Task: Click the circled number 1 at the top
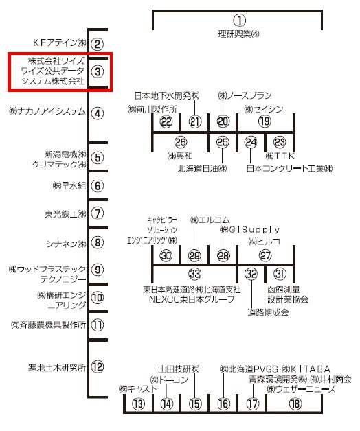[x=240, y=21]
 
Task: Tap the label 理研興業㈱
[x=238, y=34]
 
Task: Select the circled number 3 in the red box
[x=98, y=72]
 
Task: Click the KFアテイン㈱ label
[x=60, y=43]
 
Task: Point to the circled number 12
[x=98, y=366]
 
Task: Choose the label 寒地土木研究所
[x=57, y=367]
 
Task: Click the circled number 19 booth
[x=265, y=121]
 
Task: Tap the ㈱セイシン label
[x=264, y=109]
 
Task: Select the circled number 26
[x=181, y=142]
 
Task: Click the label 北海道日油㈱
[x=202, y=168]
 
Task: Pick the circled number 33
[x=195, y=274]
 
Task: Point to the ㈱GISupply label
[x=249, y=229]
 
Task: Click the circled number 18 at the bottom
[x=295, y=404]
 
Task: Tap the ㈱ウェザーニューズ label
[x=301, y=389]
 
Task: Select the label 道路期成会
[x=268, y=312]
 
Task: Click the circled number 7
[x=98, y=213]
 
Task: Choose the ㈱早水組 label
[x=69, y=186]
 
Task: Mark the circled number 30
[x=166, y=255]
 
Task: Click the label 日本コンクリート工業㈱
[x=289, y=168]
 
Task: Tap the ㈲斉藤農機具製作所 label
[x=48, y=325]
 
